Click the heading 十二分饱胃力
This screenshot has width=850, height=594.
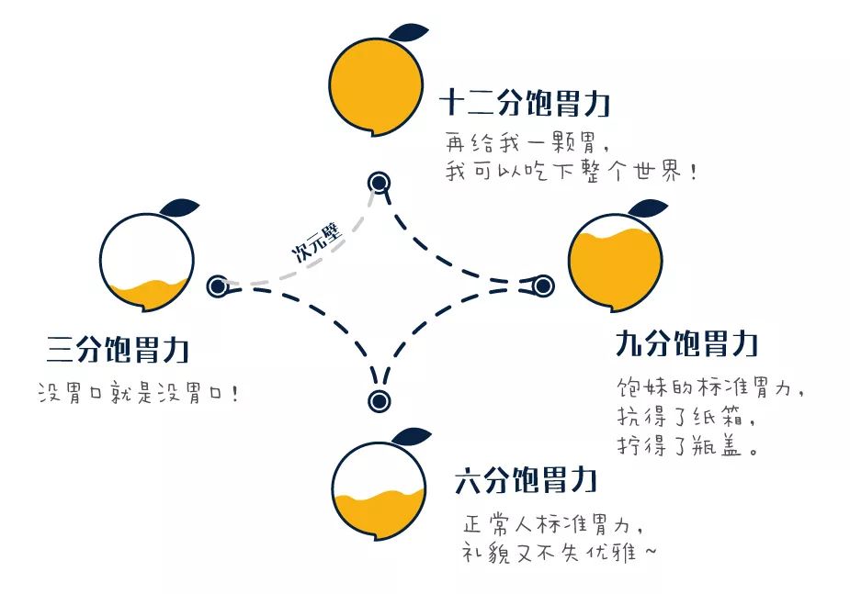click(x=524, y=103)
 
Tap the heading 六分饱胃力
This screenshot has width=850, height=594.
click(x=527, y=480)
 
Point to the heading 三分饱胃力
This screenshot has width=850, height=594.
click(x=118, y=349)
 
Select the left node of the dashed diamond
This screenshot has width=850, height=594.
click(x=218, y=286)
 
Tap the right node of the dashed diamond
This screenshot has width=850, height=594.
click(x=543, y=286)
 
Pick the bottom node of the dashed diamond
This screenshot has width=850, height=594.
click(x=379, y=400)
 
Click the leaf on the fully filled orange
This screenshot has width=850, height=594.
click(x=408, y=31)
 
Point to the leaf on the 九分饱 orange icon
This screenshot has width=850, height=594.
click(x=648, y=207)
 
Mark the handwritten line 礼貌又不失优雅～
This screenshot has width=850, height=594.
click(x=559, y=554)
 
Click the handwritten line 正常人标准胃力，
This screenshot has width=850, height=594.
click(x=551, y=526)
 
